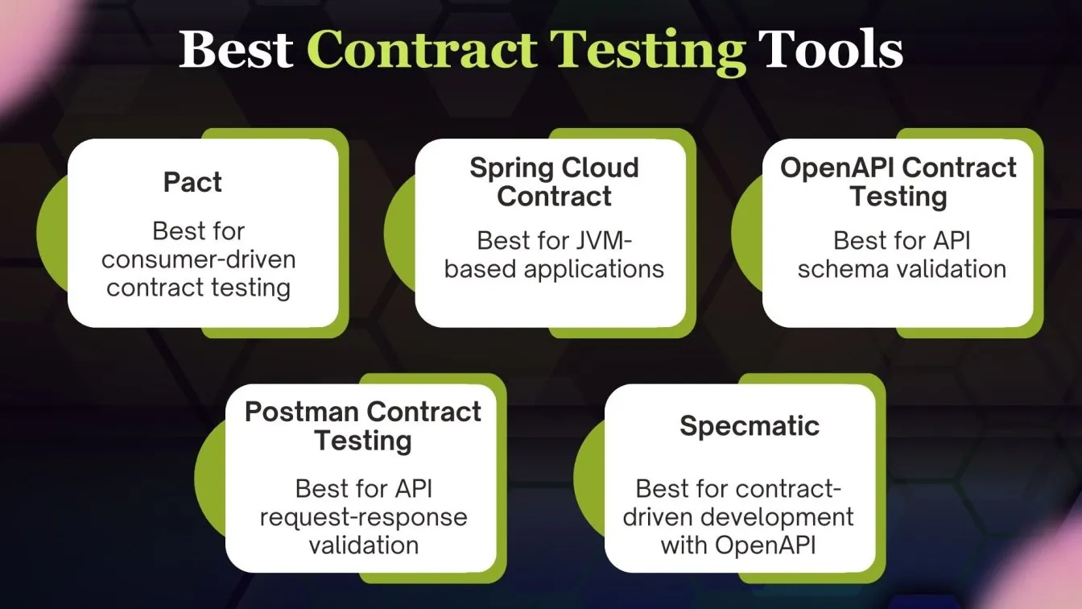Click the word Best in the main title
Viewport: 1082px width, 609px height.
[236, 49]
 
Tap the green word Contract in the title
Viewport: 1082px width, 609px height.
[422, 49]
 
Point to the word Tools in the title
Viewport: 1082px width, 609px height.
[830, 49]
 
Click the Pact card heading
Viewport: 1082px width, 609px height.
[192, 182]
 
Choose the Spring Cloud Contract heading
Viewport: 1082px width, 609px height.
[554, 182]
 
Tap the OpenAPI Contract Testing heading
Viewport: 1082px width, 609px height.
[898, 183]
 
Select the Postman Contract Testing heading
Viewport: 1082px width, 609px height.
[363, 427]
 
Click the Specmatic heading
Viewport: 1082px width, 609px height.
[750, 426]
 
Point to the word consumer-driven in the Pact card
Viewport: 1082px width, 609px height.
[199, 259]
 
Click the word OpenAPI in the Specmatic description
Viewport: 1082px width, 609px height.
[765, 545]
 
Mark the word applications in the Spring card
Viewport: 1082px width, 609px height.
[593, 270]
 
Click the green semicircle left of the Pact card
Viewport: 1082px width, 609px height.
[52, 233]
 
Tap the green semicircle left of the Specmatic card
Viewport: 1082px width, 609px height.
[589, 478]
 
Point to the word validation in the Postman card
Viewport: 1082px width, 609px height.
[364, 545]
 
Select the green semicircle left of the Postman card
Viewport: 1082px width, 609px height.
[210, 478]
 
